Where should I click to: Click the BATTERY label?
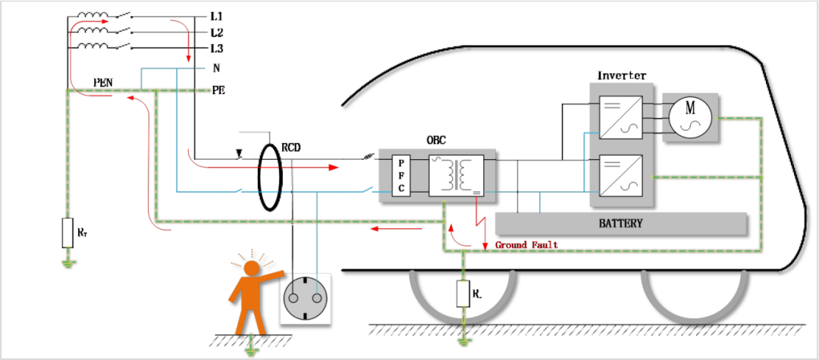(x=620, y=224)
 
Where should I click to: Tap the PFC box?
(x=401, y=176)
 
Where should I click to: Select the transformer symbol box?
(x=454, y=175)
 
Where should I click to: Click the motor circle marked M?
(x=690, y=117)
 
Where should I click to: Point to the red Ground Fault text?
(x=526, y=245)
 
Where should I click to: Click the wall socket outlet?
(x=306, y=298)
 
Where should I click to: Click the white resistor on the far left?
(x=68, y=232)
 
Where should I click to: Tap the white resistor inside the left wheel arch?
(x=463, y=293)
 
